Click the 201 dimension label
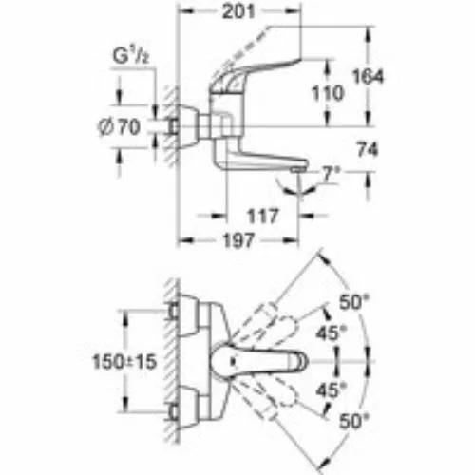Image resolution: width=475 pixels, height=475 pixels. [238, 12]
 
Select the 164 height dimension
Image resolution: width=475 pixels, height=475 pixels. [368, 77]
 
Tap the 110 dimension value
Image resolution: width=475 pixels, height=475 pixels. [328, 93]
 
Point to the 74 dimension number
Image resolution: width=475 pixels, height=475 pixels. [368, 149]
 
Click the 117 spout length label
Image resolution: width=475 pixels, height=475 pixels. [262, 217]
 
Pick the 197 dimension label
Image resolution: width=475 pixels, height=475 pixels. [238, 240]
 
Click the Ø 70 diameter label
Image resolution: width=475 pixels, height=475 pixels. [119, 127]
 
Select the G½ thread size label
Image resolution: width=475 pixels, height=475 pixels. [131, 57]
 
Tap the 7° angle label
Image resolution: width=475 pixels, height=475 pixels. [331, 174]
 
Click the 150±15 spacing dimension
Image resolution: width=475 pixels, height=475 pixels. [124, 361]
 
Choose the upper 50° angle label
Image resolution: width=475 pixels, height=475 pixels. [354, 302]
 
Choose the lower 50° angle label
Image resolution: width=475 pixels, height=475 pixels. [354, 421]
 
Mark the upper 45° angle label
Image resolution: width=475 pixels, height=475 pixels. [332, 332]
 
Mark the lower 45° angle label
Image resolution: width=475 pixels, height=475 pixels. [332, 390]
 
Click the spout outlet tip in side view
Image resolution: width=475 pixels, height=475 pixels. [298, 170]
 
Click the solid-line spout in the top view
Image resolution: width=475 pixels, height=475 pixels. [259, 361]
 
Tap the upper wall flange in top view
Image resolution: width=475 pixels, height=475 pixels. [187, 314]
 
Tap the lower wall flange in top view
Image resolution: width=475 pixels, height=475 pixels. [187, 408]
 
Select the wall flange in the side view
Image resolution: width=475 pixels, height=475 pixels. [187, 126]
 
